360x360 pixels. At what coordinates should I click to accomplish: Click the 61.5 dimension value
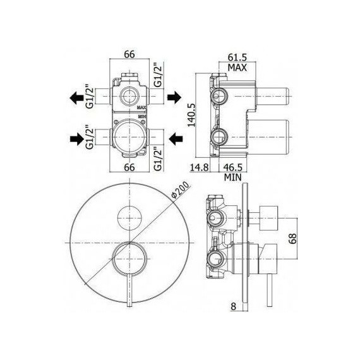pos(237,57)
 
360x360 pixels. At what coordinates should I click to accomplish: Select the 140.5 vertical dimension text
pos(191,115)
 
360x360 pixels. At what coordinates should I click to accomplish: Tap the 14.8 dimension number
pos(200,167)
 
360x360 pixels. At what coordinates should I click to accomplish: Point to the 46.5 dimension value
pos(233,167)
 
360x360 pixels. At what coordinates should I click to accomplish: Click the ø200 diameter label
pos(181,189)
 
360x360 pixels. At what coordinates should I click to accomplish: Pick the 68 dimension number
pos(292,238)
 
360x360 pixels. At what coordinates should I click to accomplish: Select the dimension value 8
pos(233,306)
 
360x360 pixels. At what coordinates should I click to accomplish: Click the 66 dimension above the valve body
pos(129,54)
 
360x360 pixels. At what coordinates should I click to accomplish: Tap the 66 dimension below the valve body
pos(129,167)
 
